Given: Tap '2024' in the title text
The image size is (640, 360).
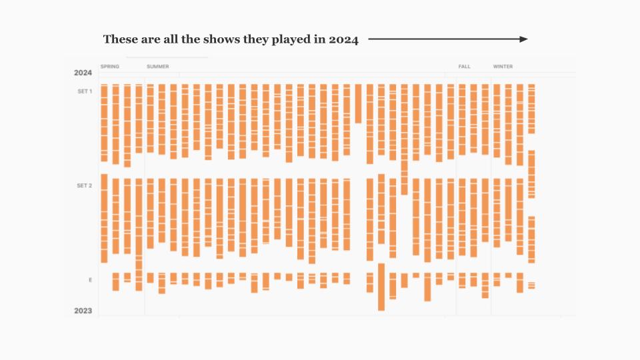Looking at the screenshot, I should [343, 39].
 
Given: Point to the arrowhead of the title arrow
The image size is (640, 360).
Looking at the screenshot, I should [524, 39].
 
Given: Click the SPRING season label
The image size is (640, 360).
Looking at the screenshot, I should [110, 67].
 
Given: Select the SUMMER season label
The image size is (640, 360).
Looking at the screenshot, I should [158, 67].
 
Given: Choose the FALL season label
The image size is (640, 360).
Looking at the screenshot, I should [464, 67].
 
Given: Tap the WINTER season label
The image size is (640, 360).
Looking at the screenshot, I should [503, 67].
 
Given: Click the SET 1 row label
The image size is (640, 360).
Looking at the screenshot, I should [85, 91].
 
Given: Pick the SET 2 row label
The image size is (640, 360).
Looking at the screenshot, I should [85, 185].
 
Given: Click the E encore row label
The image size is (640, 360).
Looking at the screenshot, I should [90, 280].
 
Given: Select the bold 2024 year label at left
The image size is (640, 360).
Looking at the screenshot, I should [83, 73].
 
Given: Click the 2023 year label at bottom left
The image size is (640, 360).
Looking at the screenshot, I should [83, 311].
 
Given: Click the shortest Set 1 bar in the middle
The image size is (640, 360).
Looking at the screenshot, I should [358, 103].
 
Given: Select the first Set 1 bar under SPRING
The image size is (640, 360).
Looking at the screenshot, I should [104, 123].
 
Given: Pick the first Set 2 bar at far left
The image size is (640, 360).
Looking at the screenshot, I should [104, 220].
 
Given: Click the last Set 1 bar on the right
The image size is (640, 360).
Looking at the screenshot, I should [531, 108].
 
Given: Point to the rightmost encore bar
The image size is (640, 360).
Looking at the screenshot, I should [531, 285].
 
